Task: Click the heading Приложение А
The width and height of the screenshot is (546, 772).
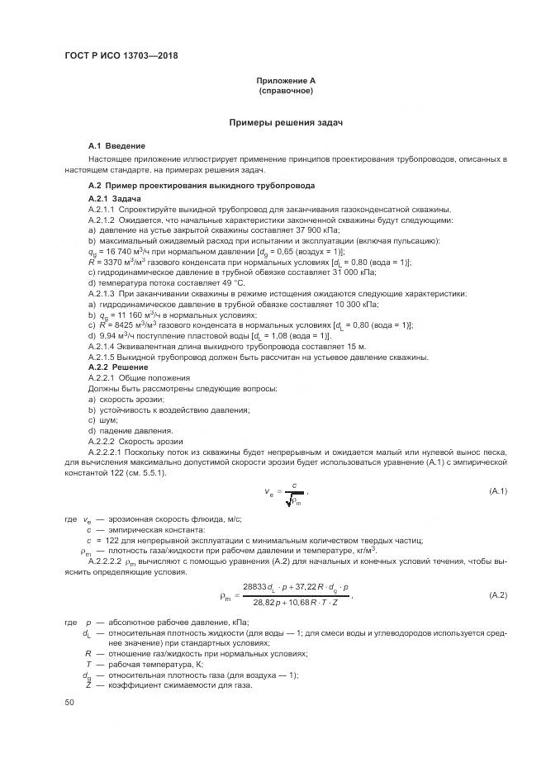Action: pyautogui.click(x=286, y=80)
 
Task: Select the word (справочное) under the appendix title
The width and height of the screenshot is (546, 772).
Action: pyautogui.click(x=286, y=90)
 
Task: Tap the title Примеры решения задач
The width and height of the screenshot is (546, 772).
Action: pyautogui.click(x=286, y=122)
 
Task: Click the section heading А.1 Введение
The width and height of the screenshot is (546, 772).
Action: pyautogui.click(x=116, y=145)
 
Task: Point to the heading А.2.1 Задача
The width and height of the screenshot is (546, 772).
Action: pyautogui.click(x=114, y=199)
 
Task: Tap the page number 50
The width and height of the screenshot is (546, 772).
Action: pyautogui.click(x=69, y=702)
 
